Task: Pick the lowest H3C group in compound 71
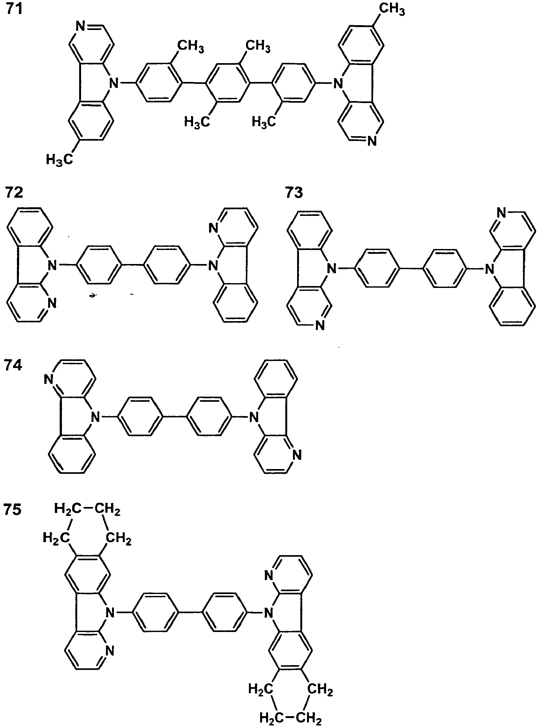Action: coord(59,160)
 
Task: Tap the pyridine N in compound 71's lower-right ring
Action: coord(372,142)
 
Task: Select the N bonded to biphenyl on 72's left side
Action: coord(52,266)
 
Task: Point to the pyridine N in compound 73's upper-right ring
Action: coord(502,214)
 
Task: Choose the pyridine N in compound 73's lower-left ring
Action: coord(320,325)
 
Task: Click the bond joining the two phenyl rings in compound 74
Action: coord(174,417)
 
